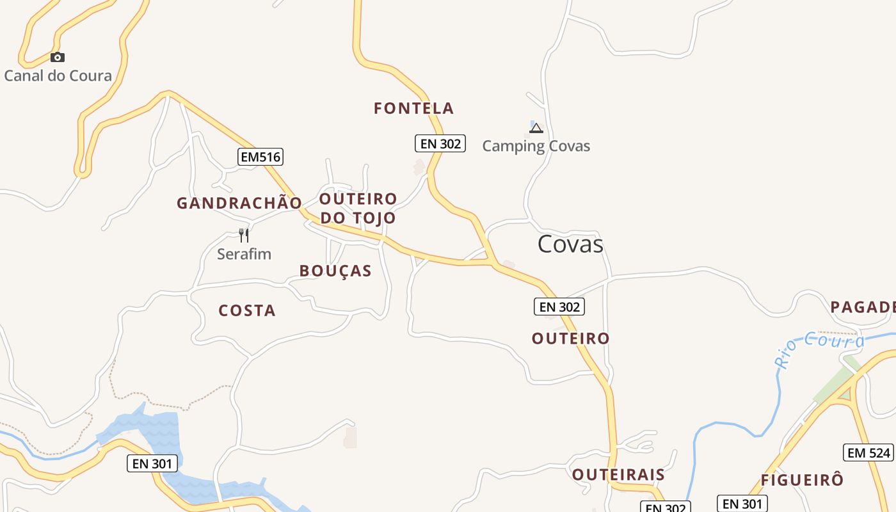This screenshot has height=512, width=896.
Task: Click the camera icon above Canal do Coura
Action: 58,58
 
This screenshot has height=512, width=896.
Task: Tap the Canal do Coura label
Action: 58,76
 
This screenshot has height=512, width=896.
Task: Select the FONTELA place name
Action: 413,109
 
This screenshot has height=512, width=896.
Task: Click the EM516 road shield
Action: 260,157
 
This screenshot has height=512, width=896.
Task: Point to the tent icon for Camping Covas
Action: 536,128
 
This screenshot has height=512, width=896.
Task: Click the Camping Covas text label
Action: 536,146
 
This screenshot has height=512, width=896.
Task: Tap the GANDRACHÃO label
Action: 239,204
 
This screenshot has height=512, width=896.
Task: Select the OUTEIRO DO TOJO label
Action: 358,208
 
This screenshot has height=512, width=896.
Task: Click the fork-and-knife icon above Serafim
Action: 244,236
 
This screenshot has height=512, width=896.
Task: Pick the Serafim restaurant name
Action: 244,254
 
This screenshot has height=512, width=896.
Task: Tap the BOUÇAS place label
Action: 335,271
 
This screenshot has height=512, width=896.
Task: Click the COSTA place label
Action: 247,311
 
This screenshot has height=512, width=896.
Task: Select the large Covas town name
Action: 570,244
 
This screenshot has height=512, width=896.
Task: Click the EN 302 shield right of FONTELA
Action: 440,143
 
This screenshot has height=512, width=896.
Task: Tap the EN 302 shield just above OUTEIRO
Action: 559,307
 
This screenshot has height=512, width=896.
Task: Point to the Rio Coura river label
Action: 820,349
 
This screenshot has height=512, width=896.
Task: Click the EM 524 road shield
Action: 868,452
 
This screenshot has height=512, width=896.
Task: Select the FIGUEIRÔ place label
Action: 802,480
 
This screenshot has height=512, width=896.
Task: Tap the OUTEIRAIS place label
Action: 618,475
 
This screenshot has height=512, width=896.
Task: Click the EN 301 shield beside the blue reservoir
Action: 152,463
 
